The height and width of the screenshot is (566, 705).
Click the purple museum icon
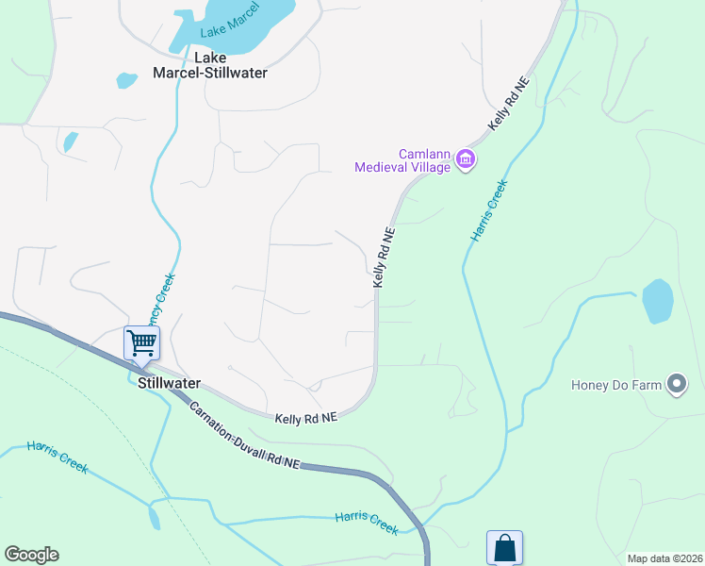tap(465, 159)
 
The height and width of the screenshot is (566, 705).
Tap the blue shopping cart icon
tap(141, 342)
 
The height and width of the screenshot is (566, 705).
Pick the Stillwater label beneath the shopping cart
tap(169, 383)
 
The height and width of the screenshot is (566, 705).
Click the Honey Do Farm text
tap(615, 384)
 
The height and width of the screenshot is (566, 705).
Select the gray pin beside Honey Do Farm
tap(676, 384)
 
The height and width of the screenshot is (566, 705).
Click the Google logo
tap(31, 555)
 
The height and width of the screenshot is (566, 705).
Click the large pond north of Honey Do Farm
tap(657, 301)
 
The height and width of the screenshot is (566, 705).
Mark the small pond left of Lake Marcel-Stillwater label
tap(126, 80)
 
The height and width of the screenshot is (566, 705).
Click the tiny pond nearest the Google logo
tap(154, 516)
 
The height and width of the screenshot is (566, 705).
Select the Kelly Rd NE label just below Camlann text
tap(383, 257)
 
